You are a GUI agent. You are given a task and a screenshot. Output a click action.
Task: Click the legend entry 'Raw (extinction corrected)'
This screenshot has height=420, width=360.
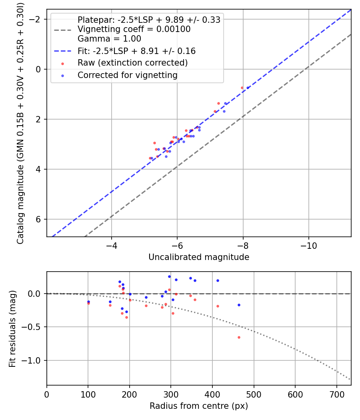(132, 63)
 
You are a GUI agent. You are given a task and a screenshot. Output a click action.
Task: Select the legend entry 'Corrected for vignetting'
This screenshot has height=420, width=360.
(127, 75)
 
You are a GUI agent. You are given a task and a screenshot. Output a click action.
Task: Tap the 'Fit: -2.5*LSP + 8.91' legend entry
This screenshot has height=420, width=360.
(136, 51)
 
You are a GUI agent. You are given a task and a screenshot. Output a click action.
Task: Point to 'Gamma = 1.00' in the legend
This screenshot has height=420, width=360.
(109, 39)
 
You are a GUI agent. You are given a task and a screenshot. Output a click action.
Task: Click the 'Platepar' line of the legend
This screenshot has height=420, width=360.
(149, 20)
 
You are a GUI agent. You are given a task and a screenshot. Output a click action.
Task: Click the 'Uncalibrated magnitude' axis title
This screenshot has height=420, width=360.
(199, 257)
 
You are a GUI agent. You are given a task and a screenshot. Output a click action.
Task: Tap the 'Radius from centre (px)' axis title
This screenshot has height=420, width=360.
(199, 406)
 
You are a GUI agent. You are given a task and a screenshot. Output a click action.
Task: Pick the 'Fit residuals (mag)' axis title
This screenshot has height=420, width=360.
(12, 328)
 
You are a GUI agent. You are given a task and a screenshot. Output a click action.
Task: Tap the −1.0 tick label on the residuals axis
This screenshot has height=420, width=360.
(34, 361)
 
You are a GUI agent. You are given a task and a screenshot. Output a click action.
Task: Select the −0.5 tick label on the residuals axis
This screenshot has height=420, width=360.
(34, 327)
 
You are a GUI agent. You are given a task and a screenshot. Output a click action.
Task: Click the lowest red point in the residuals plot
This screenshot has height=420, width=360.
(239, 337)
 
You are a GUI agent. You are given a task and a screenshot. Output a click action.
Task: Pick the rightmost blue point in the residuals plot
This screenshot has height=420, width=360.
(239, 305)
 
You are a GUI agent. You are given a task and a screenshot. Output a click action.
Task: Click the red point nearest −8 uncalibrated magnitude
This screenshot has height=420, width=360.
(242, 88)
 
